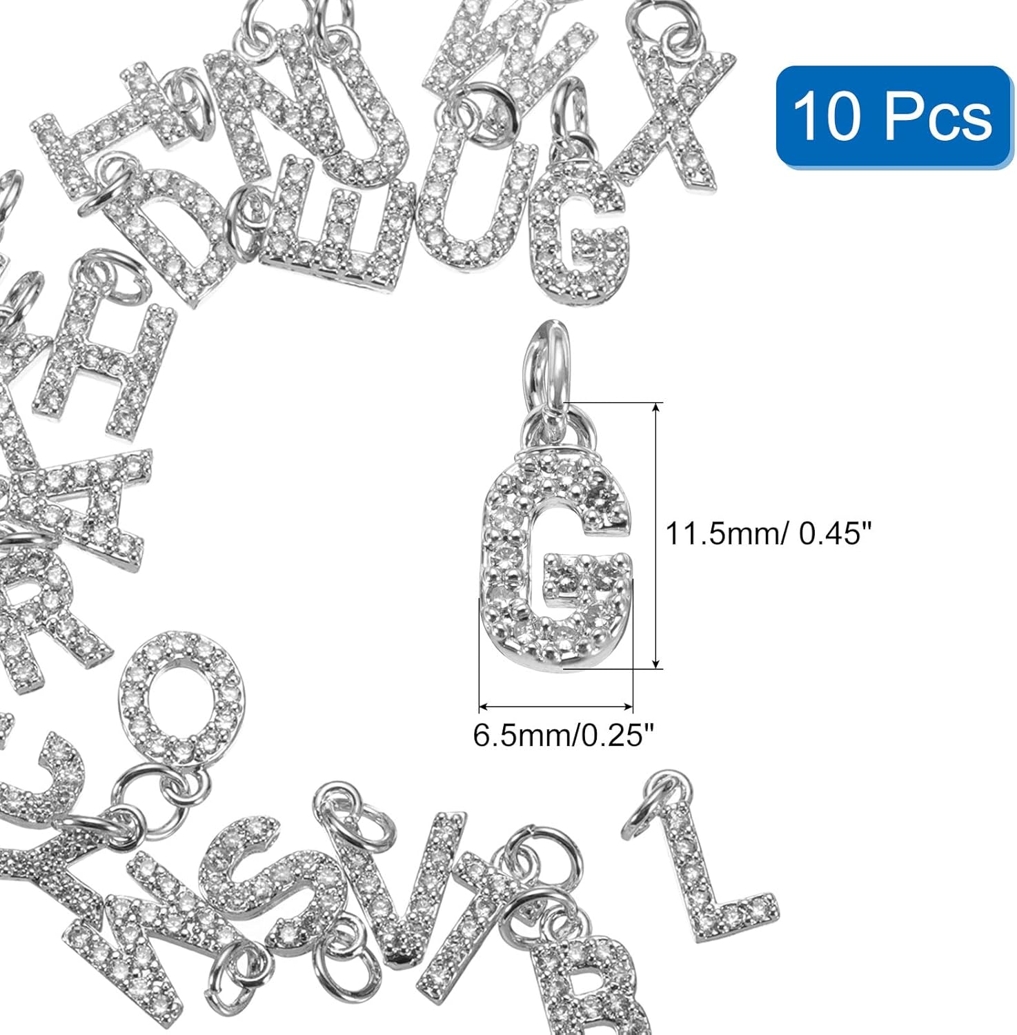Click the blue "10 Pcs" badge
(x=893, y=116)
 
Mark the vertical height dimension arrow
(x=656, y=535)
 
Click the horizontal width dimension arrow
(x=555, y=707)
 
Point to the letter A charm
(x=86, y=504)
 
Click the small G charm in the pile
(x=580, y=231)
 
